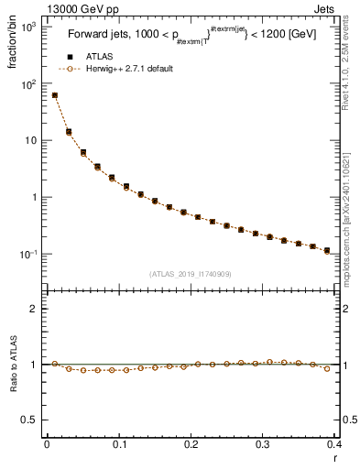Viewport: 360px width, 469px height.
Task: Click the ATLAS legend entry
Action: pyautogui.click(x=97, y=56)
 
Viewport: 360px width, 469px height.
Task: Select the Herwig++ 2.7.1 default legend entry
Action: pyautogui.click(x=127, y=69)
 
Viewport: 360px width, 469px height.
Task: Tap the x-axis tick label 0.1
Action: pyautogui.click(x=119, y=443)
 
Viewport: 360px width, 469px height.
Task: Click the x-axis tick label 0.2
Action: pyautogui.click(x=191, y=443)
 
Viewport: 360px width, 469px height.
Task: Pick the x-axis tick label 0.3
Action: pyautogui.click(x=264, y=443)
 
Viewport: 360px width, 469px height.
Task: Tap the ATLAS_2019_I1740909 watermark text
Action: pyautogui.click(x=191, y=274)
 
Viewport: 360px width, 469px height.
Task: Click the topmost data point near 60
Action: pyautogui.click(x=55, y=95)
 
